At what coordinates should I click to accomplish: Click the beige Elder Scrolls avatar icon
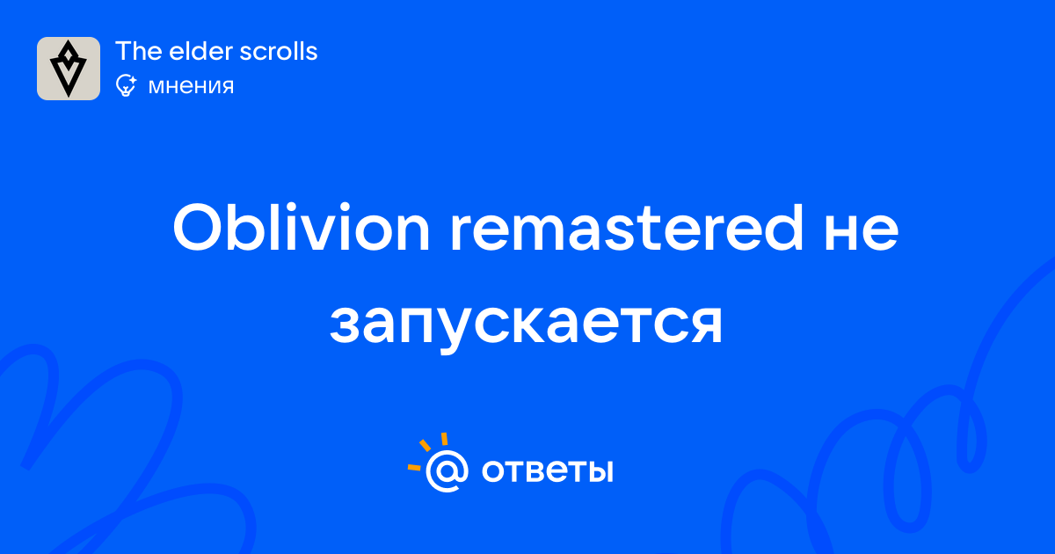pos(69,69)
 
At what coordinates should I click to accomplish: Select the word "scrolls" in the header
pos(279,51)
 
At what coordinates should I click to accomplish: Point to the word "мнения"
pos(191,87)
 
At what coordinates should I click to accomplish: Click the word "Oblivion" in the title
pos(302,228)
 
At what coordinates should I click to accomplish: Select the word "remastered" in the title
pos(626,228)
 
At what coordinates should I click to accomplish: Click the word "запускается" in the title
pos(526,326)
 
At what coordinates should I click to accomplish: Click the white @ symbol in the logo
pos(447,471)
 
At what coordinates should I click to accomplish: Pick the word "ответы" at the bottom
pos(547,471)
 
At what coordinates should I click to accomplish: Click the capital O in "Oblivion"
pos(198,228)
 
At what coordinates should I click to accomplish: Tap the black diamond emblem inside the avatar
pos(69,69)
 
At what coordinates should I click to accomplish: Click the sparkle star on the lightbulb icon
pos(133,80)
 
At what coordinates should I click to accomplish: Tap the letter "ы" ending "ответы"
pos(598,471)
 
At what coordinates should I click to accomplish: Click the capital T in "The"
pos(122,51)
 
